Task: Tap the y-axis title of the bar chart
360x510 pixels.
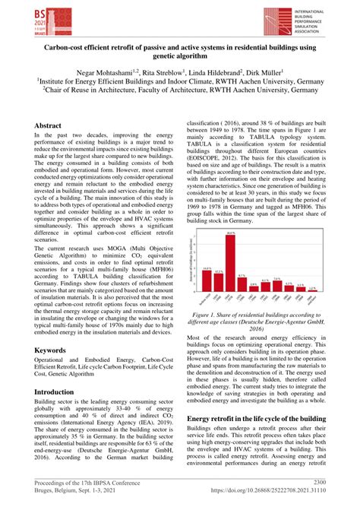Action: pos(191,262)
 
